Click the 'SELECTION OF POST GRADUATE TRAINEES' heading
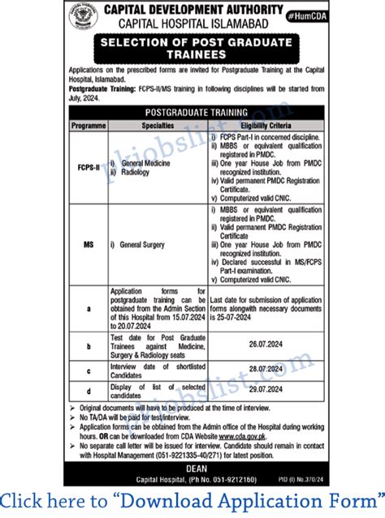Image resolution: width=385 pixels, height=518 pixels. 192,47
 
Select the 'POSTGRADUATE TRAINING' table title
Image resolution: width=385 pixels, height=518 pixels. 192,107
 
